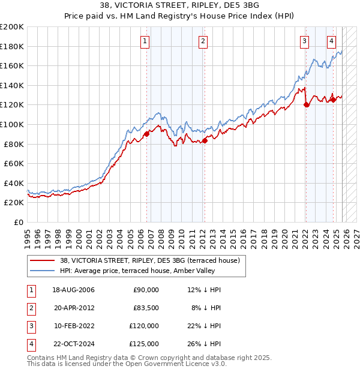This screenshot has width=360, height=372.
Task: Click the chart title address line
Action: click(180, 7)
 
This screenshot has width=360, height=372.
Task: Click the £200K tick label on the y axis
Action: click(12, 27)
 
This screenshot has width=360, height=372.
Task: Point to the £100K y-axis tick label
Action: click(12, 124)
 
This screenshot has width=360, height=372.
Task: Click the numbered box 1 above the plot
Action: click(146, 41)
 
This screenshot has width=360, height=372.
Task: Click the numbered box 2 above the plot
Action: click(203, 41)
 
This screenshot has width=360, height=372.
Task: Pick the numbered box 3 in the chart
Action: click(305, 41)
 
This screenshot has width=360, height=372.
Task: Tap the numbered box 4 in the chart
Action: click(332, 41)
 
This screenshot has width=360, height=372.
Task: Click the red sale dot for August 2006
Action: click(146, 134)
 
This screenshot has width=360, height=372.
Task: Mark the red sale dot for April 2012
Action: click(205, 140)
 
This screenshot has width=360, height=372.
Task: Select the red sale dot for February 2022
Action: click(306, 105)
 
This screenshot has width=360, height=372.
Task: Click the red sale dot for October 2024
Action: click(334, 100)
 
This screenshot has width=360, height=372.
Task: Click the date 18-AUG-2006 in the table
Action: click(73, 290)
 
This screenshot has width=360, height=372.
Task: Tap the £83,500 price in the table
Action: click(146, 308)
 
